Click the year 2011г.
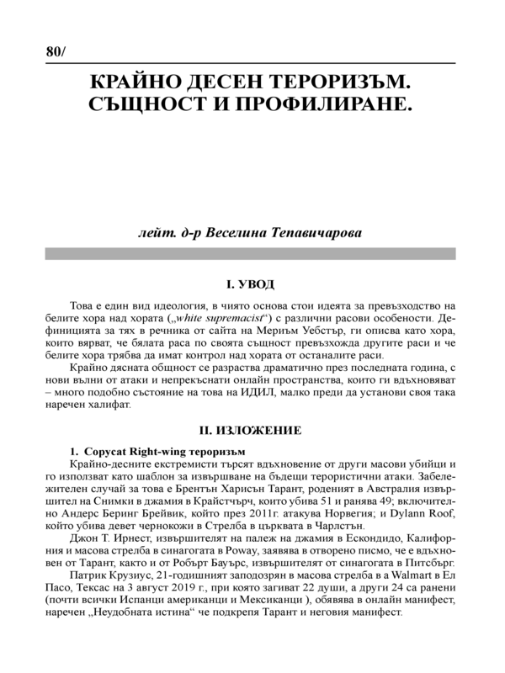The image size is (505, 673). pyautogui.click(x=268, y=509)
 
